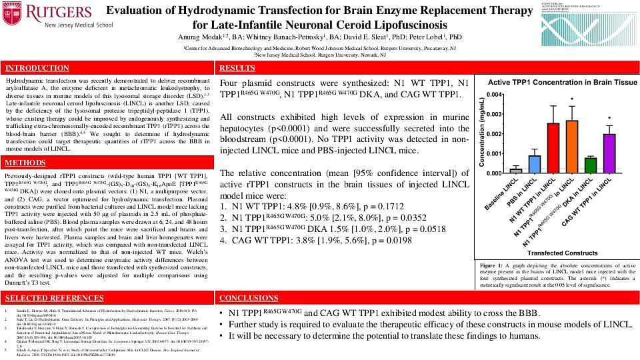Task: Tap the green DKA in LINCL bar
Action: coord(591,165)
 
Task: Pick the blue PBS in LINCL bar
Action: coord(535,164)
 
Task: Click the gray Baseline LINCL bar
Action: coord(515,171)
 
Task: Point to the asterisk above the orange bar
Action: coord(572,101)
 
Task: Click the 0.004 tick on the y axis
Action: coord(494,95)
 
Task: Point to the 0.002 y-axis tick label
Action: coord(494,134)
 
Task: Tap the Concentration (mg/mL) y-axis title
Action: coord(481,133)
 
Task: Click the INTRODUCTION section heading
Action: coord(37,69)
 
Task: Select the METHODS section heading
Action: coord(25,163)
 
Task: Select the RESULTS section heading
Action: coord(237,69)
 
